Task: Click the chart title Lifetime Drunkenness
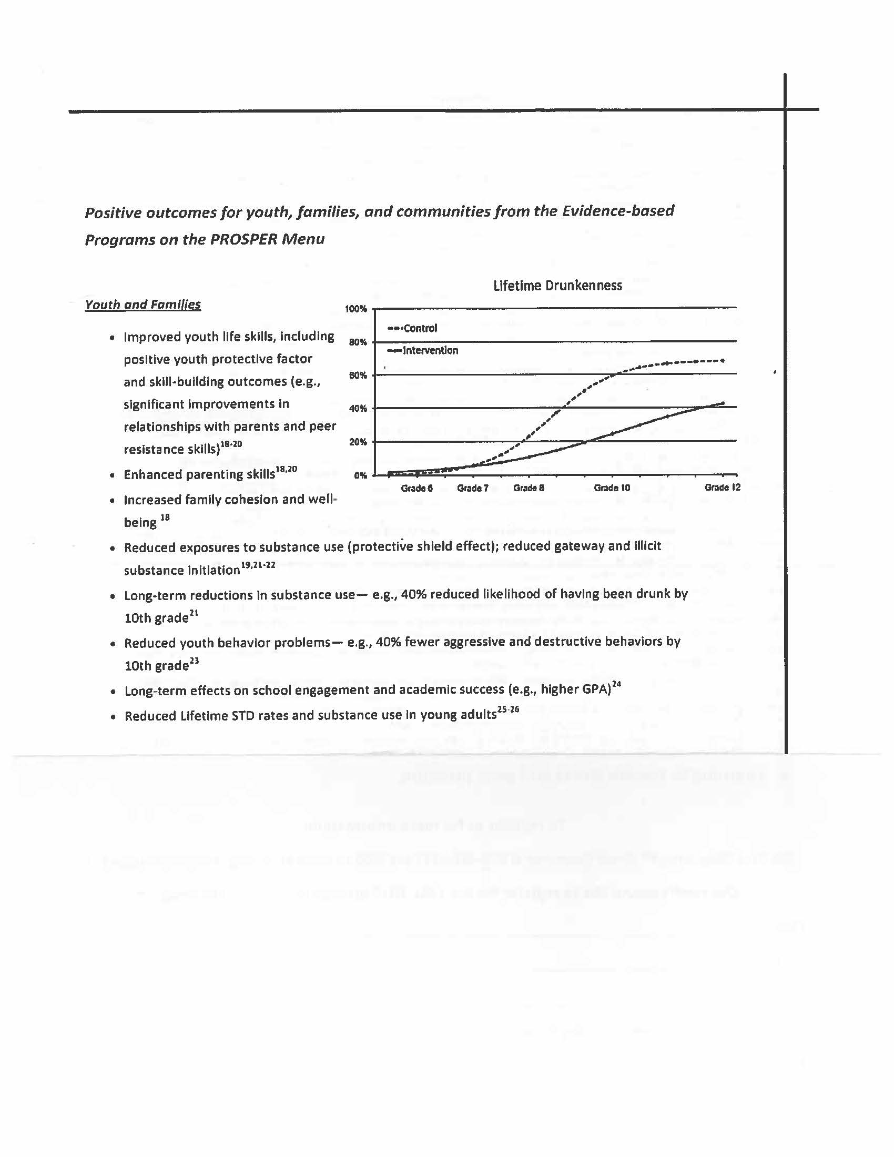pyautogui.click(x=557, y=286)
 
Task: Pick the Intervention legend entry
pyautogui.click(x=430, y=351)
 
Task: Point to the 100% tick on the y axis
pyautogui.click(x=355, y=309)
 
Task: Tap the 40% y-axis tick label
pyautogui.click(x=358, y=409)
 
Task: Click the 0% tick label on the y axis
pyautogui.click(x=360, y=475)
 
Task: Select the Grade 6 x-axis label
pyautogui.click(x=416, y=488)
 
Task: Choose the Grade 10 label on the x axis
pyautogui.click(x=612, y=488)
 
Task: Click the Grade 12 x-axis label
pyautogui.click(x=722, y=488)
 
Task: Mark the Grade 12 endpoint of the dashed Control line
pyautogui.click(x=723, y=360)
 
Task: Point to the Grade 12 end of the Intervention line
pyautogui.click(x=723, y=403)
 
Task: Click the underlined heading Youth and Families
pyautogui.click(x=143, y=305)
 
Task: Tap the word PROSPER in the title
pyautogui.click(x=243, y=239)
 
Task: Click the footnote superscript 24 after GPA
pyautogui.click(x=616, y=686)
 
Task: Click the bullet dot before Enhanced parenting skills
pyautogui.click(x=111, y=475)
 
